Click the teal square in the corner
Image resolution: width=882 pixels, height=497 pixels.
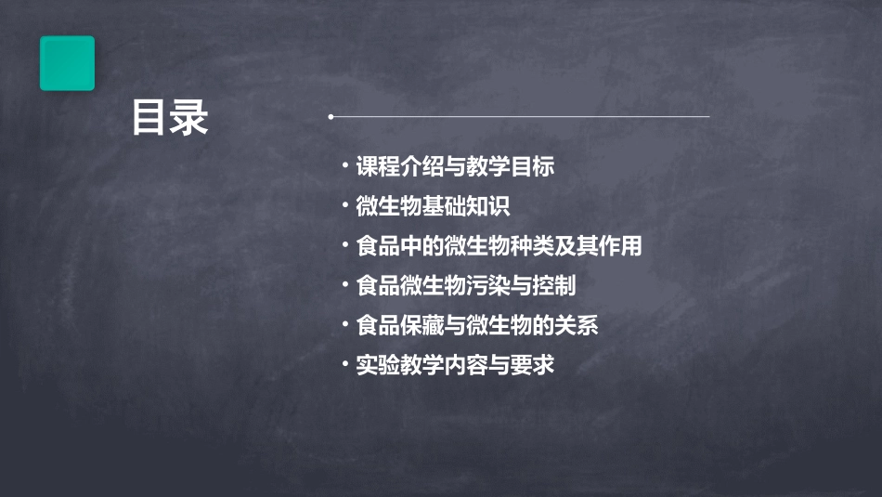tap(67, 63)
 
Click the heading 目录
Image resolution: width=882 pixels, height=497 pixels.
tap(169, 119)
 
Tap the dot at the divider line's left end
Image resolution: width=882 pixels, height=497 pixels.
tap(331, 117)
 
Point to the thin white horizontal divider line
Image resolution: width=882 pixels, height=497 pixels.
tap(520, 117)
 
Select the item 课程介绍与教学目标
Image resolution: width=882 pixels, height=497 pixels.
tap(455, 167)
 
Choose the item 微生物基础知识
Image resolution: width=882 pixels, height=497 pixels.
tap(433, 206)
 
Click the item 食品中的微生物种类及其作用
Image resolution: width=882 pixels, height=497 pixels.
tap(499, 246)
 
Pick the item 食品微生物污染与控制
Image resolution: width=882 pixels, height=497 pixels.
tap(466, 285)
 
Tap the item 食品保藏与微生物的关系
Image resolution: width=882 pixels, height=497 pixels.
tap(477, 325)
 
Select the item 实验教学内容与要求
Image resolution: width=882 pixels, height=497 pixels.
tap(455, 365)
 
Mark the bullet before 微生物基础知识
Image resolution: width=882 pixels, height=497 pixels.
tap(344, 205)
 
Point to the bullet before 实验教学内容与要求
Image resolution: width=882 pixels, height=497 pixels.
tap(344, 363)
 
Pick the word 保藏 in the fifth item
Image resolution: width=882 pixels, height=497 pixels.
tap(422, 325)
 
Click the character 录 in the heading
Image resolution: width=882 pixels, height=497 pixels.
tap(189, 119)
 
